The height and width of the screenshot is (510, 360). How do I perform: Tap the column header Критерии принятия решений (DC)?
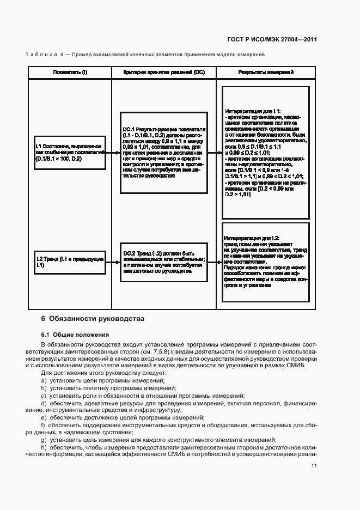(164, 72)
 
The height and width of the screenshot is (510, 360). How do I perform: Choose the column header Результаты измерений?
(266, 72)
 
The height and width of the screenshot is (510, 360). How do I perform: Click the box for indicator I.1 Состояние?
(68, 153)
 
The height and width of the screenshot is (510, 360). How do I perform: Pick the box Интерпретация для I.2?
(265, 262)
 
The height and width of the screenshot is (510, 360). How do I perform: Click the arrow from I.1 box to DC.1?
(111, 153)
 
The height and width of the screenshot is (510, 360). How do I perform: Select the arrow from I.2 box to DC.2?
(112, 262)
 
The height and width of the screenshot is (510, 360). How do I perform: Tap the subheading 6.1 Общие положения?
(75, 335)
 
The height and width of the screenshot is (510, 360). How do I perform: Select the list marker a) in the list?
(44, 380)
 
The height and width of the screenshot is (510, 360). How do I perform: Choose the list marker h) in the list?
(44, 447)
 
